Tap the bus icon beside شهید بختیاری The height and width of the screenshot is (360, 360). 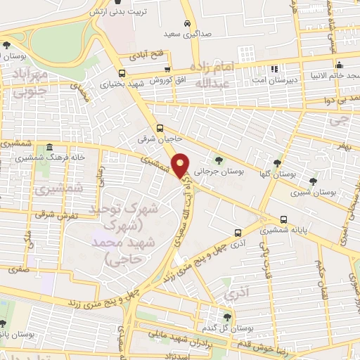[x=122, y=73]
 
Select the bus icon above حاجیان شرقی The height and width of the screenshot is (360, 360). [x=160, y=128]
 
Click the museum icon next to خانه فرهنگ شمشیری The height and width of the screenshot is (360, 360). [x=50, y=148]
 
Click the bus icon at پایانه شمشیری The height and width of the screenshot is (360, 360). [x=283, y=219]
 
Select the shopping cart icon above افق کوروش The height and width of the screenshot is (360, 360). [x=167, y=69]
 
